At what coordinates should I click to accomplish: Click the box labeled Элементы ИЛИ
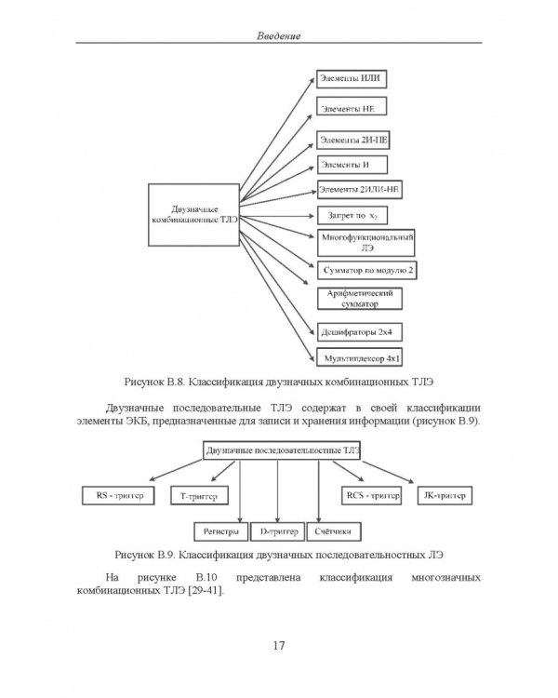click(x=352, y=79)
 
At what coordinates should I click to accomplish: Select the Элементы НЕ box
click(x=352, y=106)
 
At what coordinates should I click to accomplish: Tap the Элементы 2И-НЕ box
click(x=353, y=141)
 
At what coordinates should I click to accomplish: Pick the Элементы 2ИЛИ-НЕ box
click(x=360, y=190)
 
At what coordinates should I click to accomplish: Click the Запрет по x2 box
click(x=352, y=216)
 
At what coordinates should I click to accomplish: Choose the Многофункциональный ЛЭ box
click(x=365, y=243)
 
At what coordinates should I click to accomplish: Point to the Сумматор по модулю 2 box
click(x=367, y=270)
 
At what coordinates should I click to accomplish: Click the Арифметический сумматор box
click(x=360, y=299)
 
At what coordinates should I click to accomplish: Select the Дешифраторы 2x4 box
click(x=360, y=332)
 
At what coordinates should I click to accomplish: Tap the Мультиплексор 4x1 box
click(x=360, y=357)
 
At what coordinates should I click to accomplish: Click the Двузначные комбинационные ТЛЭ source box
click(x=194, y=215)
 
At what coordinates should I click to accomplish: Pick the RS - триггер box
click(x=118, y=495)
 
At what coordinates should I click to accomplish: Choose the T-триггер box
click(x=199, y=495)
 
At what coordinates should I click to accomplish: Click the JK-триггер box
click(x=445, y=495)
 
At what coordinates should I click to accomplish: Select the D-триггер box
click(x=278, y=531)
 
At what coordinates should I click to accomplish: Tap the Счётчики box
click(x=334, y=531)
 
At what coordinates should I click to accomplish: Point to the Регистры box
click(x=221, y=531)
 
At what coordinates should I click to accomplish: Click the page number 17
click(x=279, y=646)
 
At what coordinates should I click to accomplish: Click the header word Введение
click(x=279, y=36)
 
